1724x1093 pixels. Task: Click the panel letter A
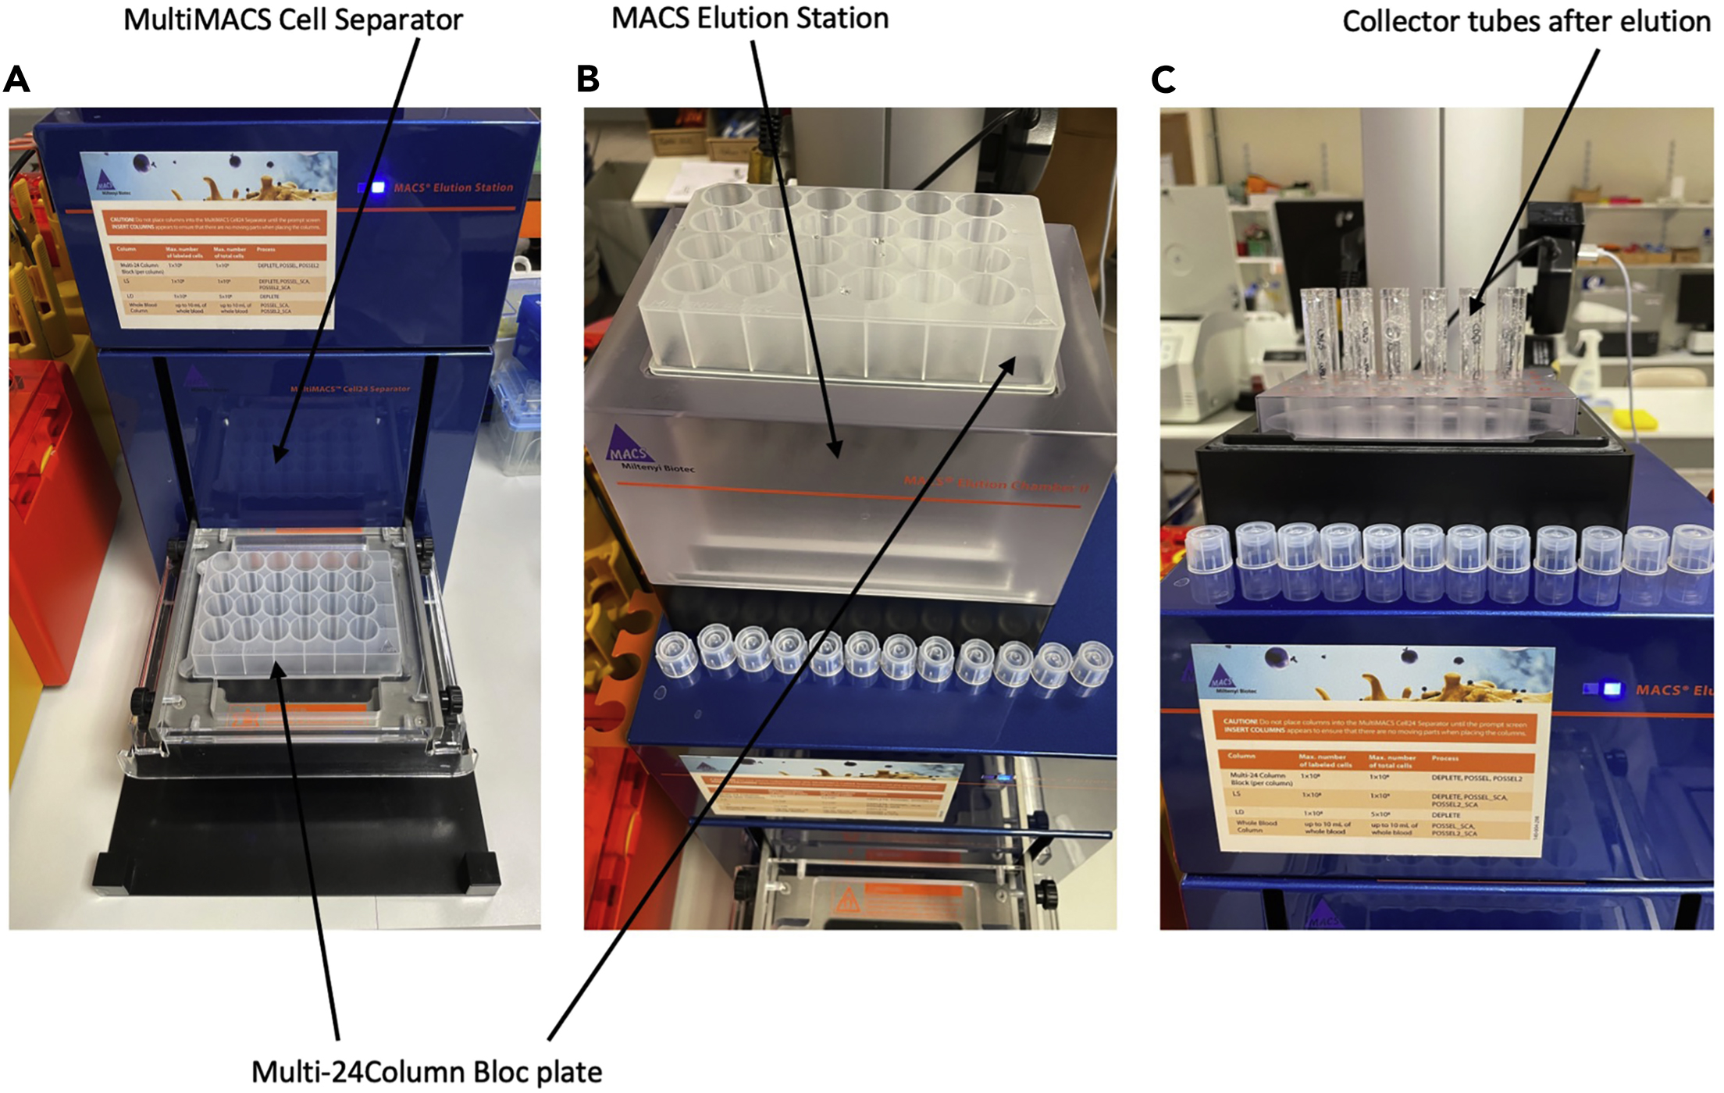coord(16,80)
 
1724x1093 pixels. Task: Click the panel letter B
coord(588,79)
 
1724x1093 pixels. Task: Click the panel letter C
coord(1163,80)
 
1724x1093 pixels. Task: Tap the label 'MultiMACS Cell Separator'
coord(293,20)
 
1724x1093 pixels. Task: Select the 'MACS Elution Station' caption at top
coord(750,19)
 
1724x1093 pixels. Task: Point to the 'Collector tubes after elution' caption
coord(1526,22)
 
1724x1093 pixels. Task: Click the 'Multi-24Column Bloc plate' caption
coord(426,1072)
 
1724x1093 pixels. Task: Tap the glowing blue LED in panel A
coord(378,187)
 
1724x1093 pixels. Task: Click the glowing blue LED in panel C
coord(1610,689)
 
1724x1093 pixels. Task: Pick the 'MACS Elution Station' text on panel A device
coord(453,188)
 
